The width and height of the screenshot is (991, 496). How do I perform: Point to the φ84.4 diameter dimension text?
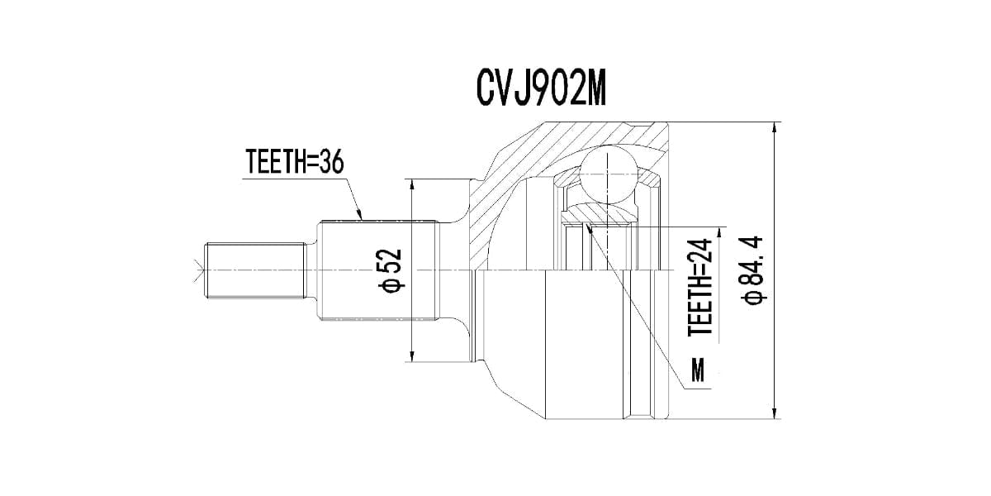(754, 271)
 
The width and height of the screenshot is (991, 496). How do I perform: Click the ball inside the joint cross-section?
(609, 174)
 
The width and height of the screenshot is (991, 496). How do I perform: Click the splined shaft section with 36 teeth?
(376, 269)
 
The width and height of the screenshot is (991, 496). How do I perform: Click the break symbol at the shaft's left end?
(197, 269)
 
